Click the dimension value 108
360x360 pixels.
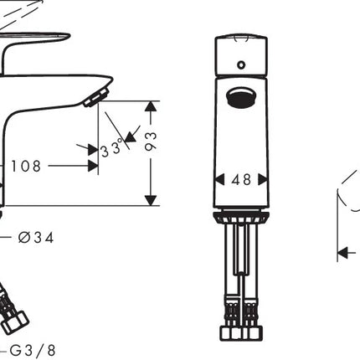26,166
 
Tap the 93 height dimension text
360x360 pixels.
151,141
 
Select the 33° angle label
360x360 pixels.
111,148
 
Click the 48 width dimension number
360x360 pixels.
241,180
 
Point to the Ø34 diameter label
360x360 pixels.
36,238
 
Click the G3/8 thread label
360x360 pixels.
33,351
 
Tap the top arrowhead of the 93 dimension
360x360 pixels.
151,106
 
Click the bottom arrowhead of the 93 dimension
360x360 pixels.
151,200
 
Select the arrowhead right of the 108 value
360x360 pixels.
93,166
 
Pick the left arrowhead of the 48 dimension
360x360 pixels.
219,179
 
